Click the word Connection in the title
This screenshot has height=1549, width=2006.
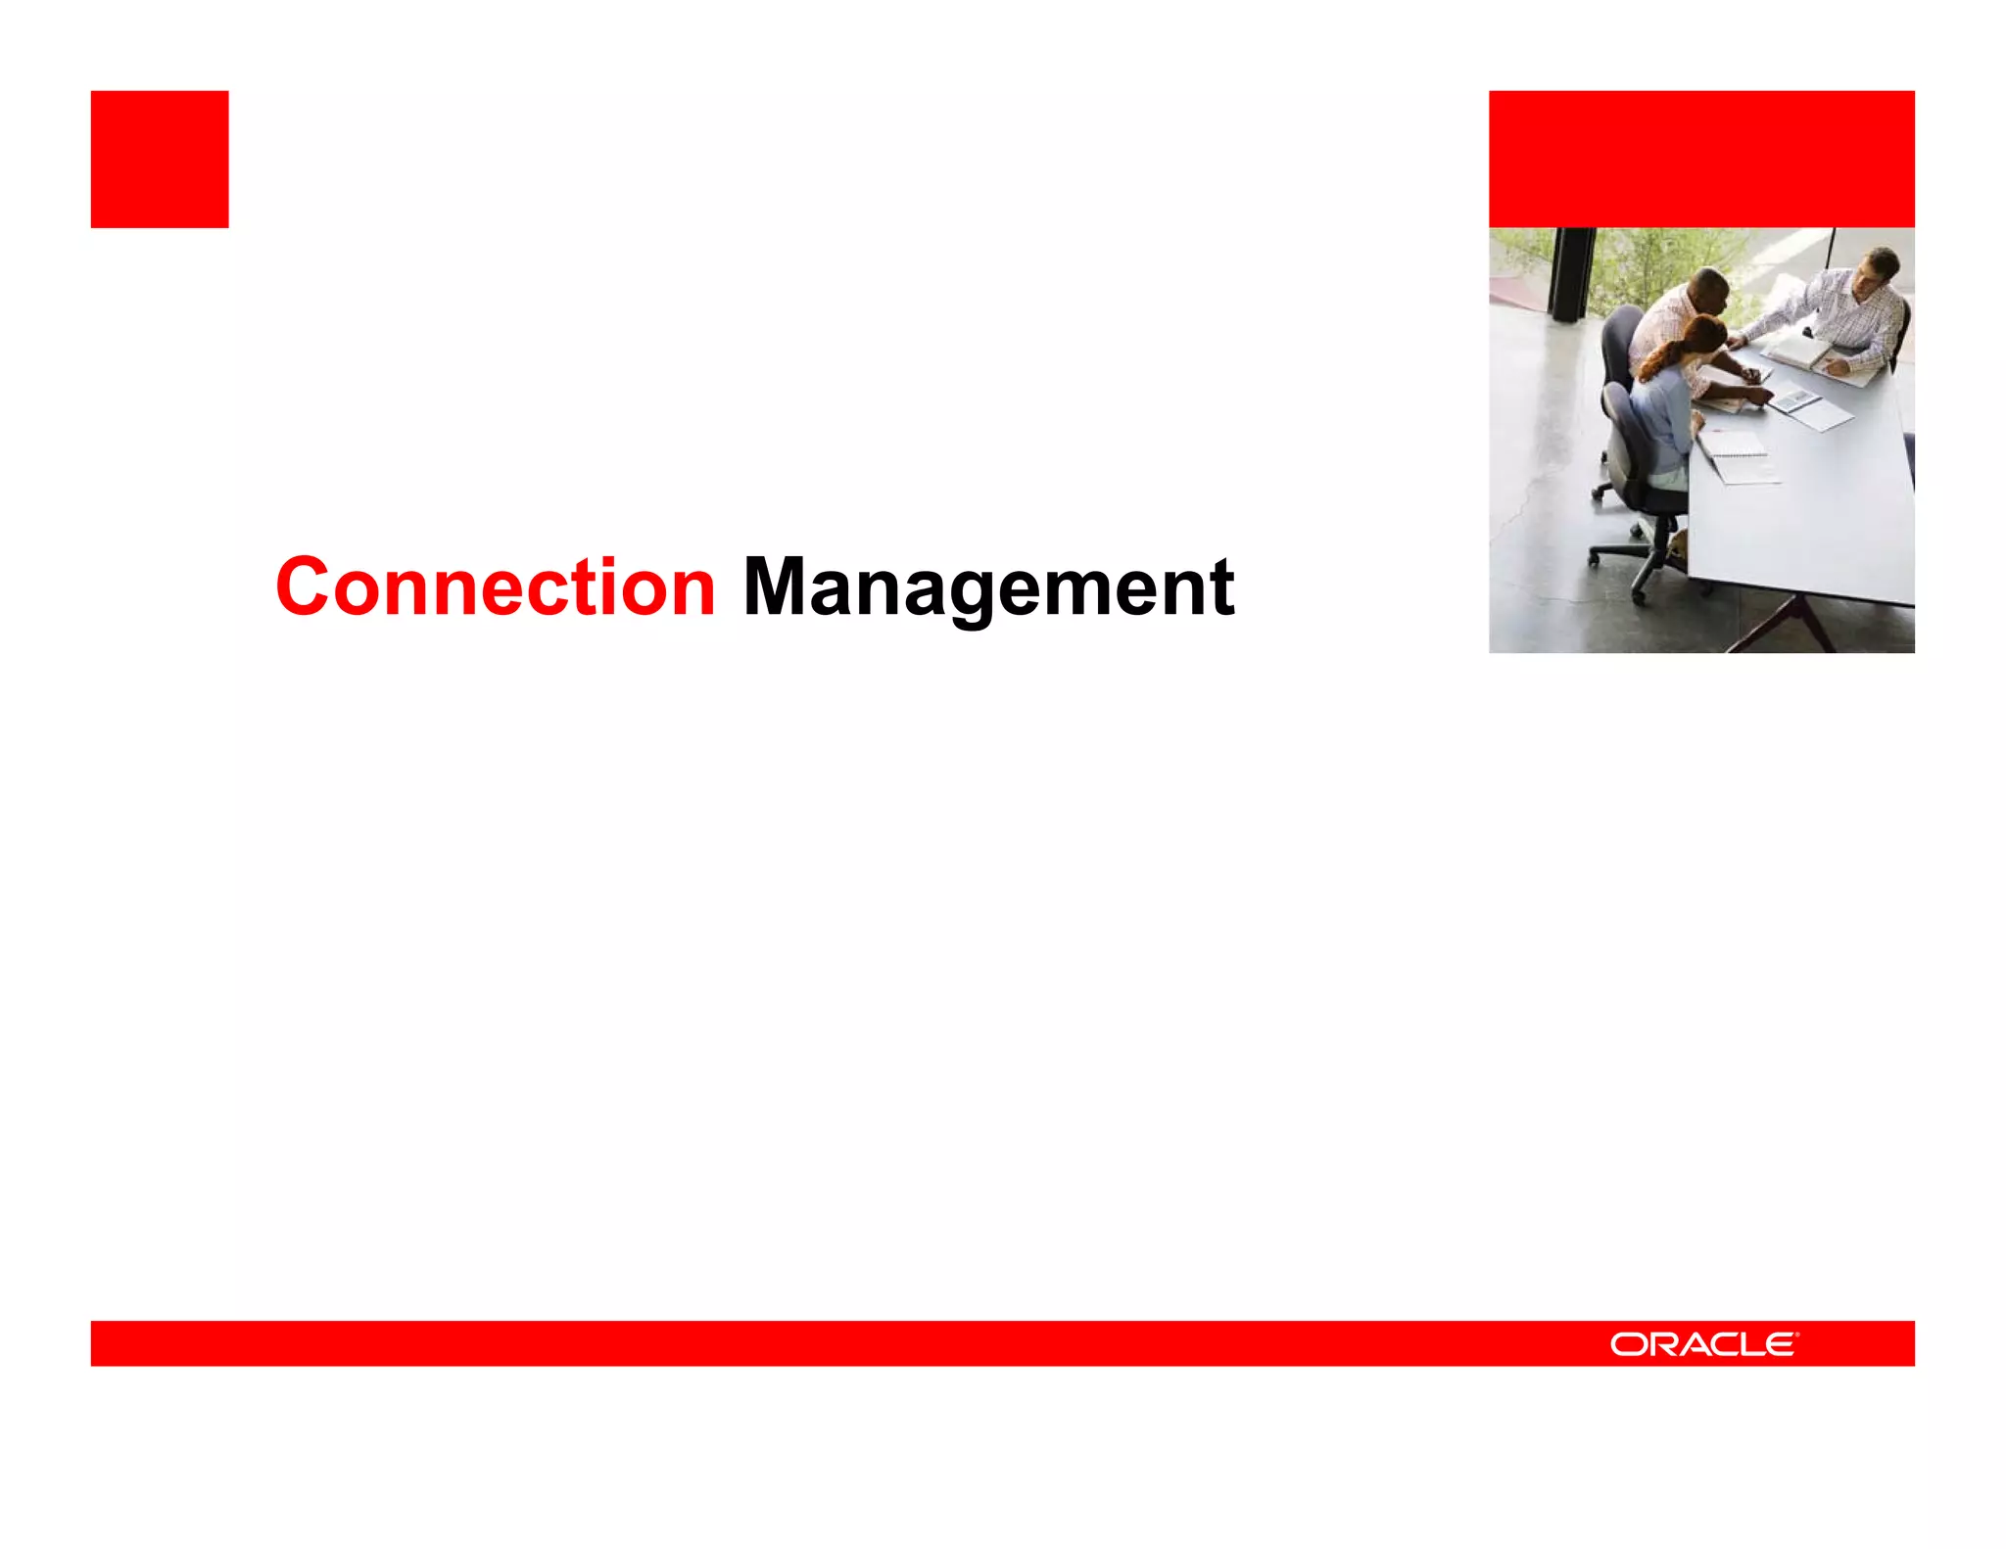pos(496,587)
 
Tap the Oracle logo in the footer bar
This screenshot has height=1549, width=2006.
pos(1703,1343)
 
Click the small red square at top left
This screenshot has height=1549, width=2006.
pos(160,160)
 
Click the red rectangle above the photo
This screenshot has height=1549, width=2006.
pos(1701,160)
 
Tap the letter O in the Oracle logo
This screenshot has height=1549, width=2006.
pos(1628,1344)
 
